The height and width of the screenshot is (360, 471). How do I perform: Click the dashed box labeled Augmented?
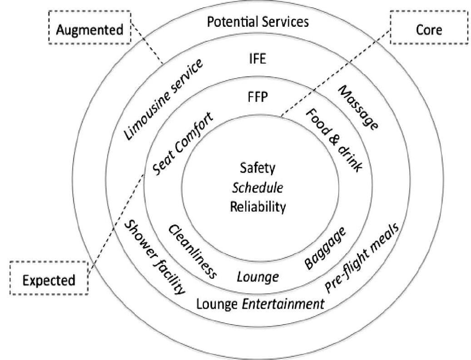(89, 30)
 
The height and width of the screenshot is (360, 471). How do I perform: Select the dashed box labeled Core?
(429, 30)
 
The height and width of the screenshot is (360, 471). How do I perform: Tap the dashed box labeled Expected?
(49, 280)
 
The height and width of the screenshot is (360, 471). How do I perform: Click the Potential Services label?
(258, 21)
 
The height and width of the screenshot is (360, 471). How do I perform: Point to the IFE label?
(258, 59)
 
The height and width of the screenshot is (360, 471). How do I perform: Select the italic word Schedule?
(258, 188)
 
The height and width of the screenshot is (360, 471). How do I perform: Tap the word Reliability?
(258, 207)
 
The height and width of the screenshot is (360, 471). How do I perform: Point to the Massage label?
(358, 108)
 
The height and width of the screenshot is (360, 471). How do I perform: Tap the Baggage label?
(326, 248)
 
